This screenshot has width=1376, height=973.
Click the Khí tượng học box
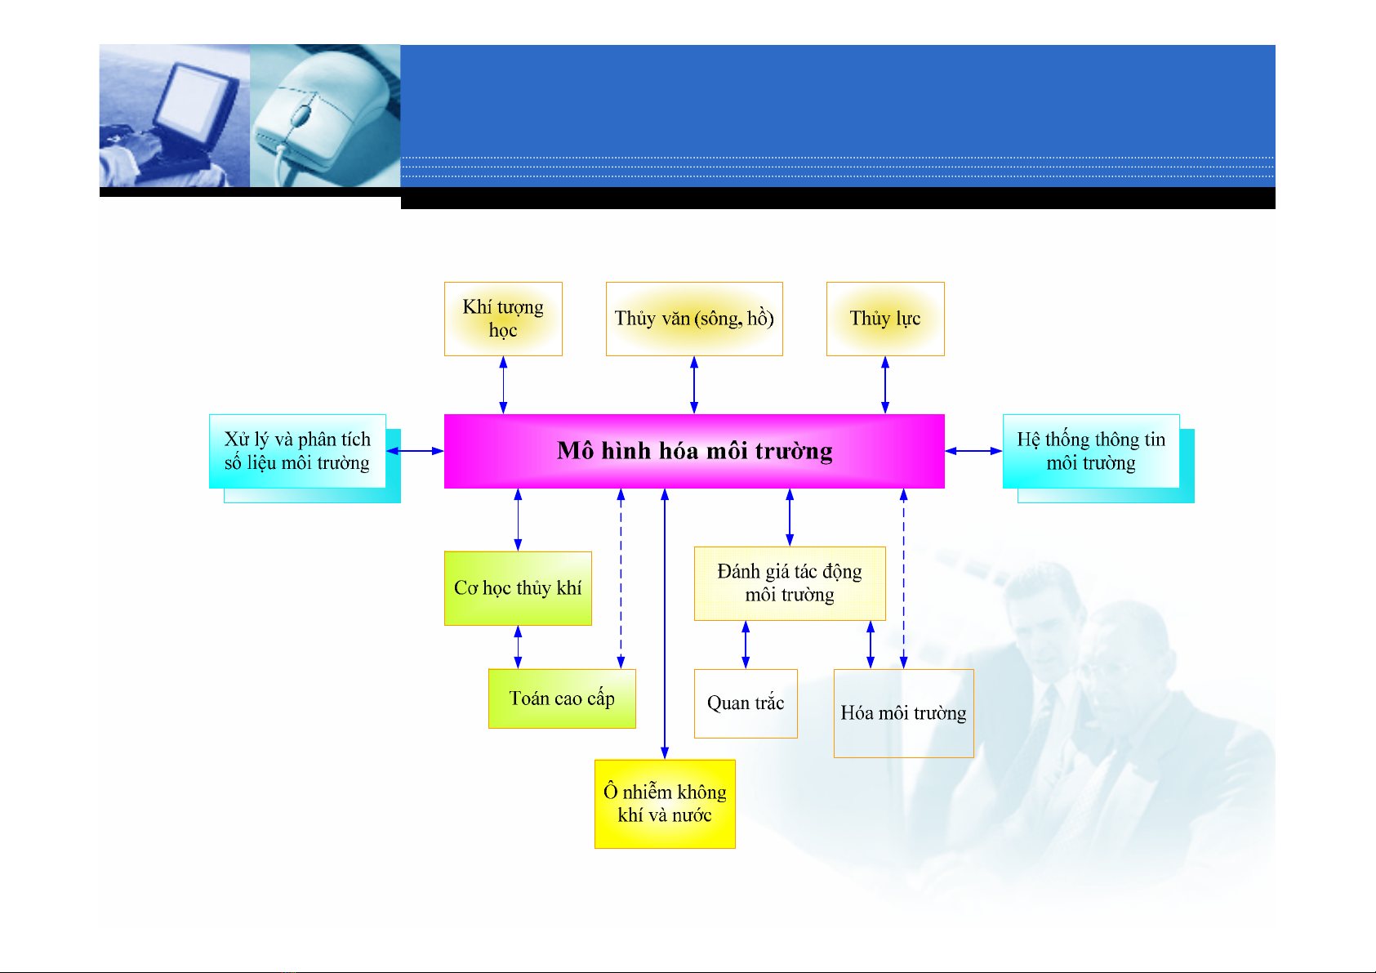coord(503,319)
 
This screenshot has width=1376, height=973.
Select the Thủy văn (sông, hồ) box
coord(694,319)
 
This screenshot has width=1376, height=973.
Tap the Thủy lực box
coord(885,319)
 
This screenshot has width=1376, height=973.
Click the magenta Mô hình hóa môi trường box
coord(694,451)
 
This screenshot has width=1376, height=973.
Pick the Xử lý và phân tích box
coord(297,451)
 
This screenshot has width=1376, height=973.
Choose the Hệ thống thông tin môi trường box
coord(1091,451)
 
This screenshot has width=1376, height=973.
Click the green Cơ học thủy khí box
coord(518,588)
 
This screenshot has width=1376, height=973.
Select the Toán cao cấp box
coord(562,699)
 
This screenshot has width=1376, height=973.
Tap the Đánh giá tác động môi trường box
coord(790,583)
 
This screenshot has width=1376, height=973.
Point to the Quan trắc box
coord(746,703)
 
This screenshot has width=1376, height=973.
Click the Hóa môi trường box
coord(903,713)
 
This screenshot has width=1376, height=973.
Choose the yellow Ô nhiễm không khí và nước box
coord(665,804)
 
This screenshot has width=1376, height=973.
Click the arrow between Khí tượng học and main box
coord(503,385)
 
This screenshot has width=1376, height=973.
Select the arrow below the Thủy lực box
coord(885,385)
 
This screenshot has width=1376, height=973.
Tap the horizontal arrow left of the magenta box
coord(415,451)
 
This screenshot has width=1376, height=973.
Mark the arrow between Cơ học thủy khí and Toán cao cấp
coord(518,647)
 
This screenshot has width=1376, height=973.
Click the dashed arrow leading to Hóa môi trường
coord(903,578)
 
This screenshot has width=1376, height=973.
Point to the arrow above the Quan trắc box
coord(746,645)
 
